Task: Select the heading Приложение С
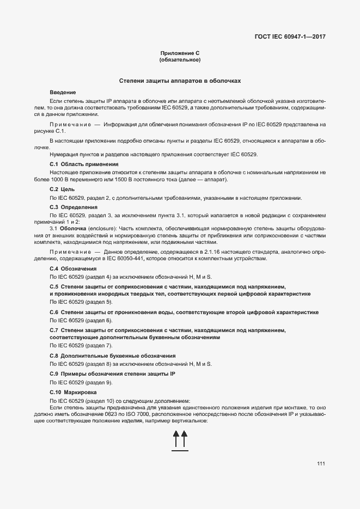(x=180, y=52)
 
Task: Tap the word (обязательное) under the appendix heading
(x=180, y=59)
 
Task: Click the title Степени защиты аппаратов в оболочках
(x=180, y=81)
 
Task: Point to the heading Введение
(x=63, y=93)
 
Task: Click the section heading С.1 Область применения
(x=84, y=164)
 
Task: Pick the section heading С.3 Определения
(x=74, y=207)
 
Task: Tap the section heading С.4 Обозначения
(x=73, y=268)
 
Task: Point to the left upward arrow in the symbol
(x=176, y=439)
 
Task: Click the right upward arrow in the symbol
(x=185, y=439)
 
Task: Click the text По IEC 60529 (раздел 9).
(x=81, y=382)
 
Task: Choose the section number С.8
(x=54, y=355)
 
